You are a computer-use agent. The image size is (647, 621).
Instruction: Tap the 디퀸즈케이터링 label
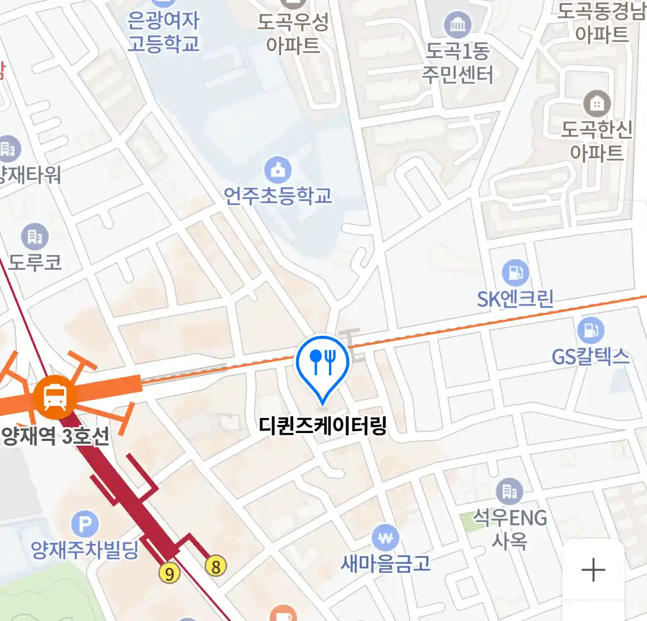click(323, 426)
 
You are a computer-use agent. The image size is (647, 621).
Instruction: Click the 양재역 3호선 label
click(55, 436)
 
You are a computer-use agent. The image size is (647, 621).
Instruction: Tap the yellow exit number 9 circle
click(169, 573)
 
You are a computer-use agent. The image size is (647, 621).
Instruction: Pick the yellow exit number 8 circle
click(216, 566)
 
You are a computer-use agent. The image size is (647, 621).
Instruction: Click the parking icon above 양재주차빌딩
click(85, 524)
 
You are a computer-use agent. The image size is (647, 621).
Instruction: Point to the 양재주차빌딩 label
click(85, 550)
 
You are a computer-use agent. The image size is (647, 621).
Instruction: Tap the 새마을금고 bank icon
click(385, 538)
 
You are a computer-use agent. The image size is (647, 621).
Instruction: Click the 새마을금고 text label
click(385, 563)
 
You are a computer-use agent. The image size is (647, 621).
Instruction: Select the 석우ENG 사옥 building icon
click(510, 491)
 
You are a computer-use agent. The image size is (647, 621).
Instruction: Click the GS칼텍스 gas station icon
click(590, 331)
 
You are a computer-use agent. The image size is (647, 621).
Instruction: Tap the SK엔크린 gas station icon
click(515, 273)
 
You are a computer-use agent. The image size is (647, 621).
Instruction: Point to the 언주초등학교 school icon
click(278, 170)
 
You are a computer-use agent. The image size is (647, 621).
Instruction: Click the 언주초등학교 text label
click(278, 196)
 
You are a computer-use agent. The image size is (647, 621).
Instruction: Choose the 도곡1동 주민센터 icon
click(458, 25)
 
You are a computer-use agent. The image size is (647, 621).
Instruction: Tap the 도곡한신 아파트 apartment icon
click(597, 103)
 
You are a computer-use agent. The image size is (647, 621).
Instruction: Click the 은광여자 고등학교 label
click(163, 32)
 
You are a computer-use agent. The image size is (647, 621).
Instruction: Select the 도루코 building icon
click(35, 236)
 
